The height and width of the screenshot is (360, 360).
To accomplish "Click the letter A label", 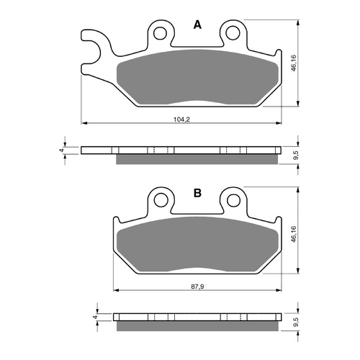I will click(197, 25).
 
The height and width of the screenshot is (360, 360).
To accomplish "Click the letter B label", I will click(197, 194).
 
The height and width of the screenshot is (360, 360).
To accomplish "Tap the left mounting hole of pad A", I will click(160, 32).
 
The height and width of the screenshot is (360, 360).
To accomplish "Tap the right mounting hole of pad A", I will click(232, 32).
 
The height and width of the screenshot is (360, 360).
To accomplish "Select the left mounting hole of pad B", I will click(161, 201).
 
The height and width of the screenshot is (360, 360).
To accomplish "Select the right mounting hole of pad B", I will click(232, 201).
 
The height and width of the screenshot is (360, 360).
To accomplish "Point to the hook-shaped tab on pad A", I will click(91, 47).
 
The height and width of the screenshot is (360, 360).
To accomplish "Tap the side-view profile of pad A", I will click(180, 153).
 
